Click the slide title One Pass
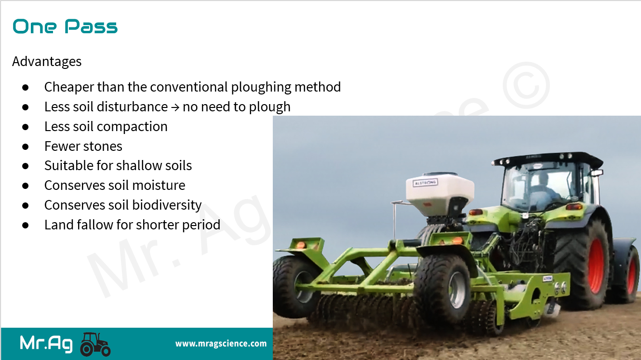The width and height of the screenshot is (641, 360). pyautogui.click(x=65, y=27)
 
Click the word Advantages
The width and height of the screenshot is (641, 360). pyautogui.click(x=47, y=62)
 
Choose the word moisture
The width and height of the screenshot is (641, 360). pyautogui.click(x=159, y=186)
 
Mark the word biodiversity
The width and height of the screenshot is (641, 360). pyautogui.click(x=167, y=205)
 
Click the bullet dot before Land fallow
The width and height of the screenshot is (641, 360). pyautogui.click(x=26, y=225)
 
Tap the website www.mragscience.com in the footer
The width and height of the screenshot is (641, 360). pyautogui.click(x=221, y=344)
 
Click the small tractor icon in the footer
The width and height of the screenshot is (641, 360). pyautogui.click(x=95, y=344)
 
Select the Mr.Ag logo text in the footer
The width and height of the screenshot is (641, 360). pyautogui.click(x=46, y=343)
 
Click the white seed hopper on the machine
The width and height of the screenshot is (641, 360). pyautogui.click(x=440, y=192)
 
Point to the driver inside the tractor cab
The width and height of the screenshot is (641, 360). pyautogui.click(x=544, y=190)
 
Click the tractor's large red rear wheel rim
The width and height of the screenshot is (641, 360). pyautogui.click(x=596, y=266)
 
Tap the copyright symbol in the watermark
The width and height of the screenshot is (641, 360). pyautogui.click(x=526, y=85)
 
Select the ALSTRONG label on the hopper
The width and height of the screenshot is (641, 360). pyautogui.click(x=425, y=183)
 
